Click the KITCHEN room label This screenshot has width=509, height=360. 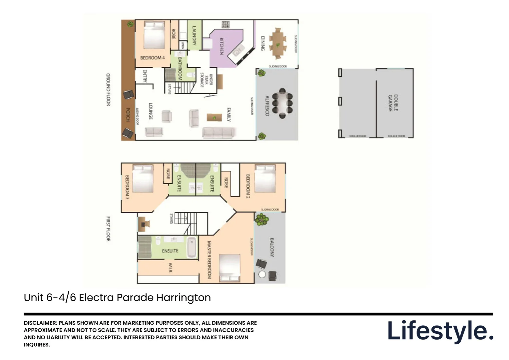[x=221, y=46]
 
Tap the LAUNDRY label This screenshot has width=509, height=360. [x=194, y=36]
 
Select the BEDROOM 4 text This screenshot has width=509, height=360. [x=152, y=58]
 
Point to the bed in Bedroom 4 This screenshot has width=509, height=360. [x=154, y=35]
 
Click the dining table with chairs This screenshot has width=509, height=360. [x=277, y=43]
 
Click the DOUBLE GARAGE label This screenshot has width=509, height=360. [x=393, y=103]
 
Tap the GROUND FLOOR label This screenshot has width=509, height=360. [x=108, y=90]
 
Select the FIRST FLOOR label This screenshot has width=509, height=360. [x=108, y=229]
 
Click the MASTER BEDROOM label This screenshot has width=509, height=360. [x=209, y=260]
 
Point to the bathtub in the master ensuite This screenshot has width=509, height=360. [x=192, y=247]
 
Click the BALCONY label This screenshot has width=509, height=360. [x=272, y=247]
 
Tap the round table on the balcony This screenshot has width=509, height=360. [x=262, y=274]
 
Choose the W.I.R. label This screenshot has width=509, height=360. [x=170, y=268]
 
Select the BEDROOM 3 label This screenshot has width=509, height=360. [x=127, y=187]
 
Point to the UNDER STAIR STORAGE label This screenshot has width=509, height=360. [x=206, y=80]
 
